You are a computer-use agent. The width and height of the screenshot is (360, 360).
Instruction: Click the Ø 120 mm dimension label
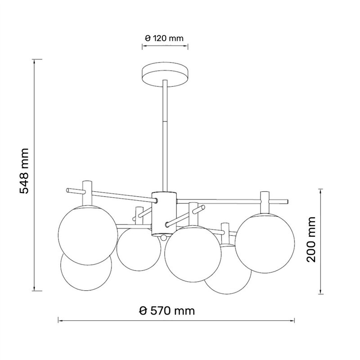pos(164,38)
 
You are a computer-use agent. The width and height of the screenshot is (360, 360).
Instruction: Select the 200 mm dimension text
pos(311,239)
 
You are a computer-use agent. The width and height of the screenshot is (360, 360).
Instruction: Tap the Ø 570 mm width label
pos(167,311)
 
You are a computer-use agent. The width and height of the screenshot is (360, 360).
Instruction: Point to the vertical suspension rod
pos(165,136)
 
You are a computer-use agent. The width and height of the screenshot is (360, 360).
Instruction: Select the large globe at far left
pos(88,235)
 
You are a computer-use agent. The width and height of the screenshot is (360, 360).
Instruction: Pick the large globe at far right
pos(265,243)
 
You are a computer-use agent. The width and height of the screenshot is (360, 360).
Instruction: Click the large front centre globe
pos(193,254)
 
